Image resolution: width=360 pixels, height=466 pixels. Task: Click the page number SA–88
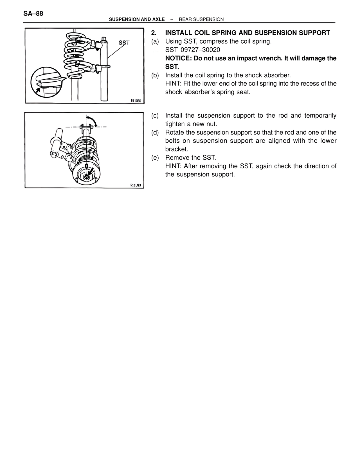point(33,14)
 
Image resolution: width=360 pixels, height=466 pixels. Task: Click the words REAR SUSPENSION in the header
point(201,19)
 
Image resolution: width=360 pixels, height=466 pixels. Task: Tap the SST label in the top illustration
point(124,43)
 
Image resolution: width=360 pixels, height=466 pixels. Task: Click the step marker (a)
point(155,41)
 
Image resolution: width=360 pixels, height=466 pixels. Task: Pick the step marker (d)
point(155,132)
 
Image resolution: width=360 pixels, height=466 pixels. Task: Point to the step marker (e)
point(155,158)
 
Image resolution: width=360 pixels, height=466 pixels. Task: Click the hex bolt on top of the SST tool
point(104,39)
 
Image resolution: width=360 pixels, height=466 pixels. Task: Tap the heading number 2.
point(153,33)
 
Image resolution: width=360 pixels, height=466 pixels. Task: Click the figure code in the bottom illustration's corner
point(136,185)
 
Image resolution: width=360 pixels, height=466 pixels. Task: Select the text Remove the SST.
point(190,158)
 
